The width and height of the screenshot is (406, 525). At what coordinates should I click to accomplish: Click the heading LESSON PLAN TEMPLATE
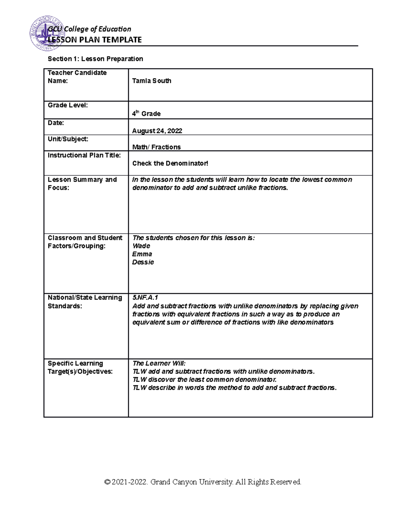tap(95, 40)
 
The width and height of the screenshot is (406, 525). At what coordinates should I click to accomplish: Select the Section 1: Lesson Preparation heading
tap(95, 59)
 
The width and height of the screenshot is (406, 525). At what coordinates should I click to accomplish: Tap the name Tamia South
tap(152, 81)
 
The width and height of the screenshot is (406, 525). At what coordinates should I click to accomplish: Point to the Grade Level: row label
tap(68, 105)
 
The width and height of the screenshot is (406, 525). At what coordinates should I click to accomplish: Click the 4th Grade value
tap(146, 114)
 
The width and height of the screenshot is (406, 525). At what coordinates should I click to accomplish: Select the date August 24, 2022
tap(157, 131)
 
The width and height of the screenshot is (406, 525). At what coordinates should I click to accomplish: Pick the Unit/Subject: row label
tap(68, 139)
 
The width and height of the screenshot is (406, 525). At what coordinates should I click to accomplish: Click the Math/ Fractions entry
tap(156, 147)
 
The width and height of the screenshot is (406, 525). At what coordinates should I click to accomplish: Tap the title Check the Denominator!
tap(170, 163)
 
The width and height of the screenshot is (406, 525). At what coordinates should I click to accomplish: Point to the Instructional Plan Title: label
tap(84, 155)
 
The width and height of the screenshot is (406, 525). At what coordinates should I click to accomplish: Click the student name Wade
tap(141, 246)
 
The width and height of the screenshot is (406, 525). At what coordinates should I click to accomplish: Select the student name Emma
tap(142, 254)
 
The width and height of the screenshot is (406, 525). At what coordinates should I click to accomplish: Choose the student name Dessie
tap(143, 262)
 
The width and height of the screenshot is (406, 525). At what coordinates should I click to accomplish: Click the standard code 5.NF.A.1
tap(145, 297)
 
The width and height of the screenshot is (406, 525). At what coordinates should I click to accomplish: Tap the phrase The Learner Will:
tap(159, 363)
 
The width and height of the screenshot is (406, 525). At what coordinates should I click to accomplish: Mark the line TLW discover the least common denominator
tap(204, 379)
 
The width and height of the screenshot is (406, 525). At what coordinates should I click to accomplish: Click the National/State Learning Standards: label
tap(85, 302)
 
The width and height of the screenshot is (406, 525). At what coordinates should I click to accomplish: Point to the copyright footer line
tap(203, 482)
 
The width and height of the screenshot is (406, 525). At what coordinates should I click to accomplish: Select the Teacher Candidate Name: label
tap(77, 77)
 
